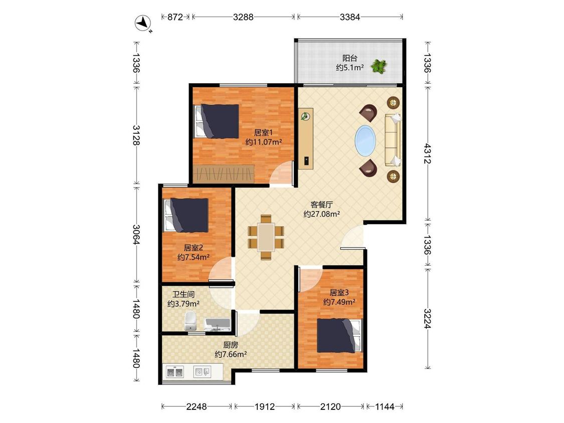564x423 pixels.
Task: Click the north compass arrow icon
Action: click(143, 24)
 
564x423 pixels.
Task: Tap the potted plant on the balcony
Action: click(379, 66)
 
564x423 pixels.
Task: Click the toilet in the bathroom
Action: click(190, 321)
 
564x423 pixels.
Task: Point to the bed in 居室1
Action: click(217, 121)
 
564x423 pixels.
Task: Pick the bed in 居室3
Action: click(338, 336)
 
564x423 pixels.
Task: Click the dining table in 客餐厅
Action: click(266, 237)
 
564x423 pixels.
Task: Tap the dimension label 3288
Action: click(243, 17)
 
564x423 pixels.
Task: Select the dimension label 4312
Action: click(427, 153)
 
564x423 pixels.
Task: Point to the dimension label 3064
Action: click(136, 234)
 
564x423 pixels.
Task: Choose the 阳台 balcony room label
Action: click(349, 58)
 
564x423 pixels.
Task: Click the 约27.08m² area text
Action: click(321, 215)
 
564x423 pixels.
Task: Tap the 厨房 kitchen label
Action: click(231, 345)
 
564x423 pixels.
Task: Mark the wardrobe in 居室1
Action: click(224, 173)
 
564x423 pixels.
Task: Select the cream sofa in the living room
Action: click(393, 140)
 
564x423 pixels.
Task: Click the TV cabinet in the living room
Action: click(306, 138)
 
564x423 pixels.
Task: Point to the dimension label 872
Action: click(175, 17)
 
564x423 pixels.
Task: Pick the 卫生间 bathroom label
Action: click(183, 295)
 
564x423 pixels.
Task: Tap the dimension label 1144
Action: click(385, 406)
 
